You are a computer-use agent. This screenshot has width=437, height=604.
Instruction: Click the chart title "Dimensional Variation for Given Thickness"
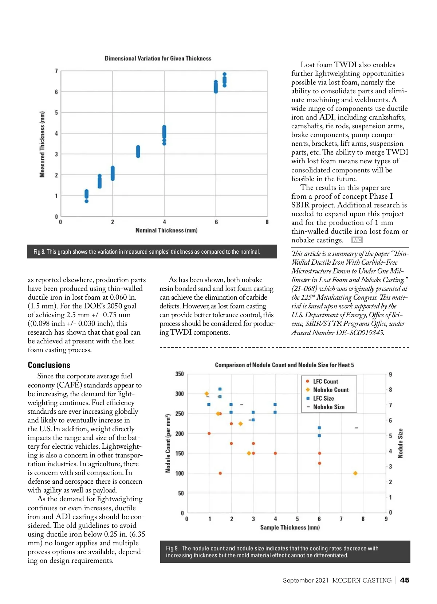[x=158, y=58]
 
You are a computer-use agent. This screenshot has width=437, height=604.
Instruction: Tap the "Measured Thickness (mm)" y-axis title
[x=42, y=144]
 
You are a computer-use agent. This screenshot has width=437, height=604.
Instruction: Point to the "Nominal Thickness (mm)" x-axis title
[x=166, y=230]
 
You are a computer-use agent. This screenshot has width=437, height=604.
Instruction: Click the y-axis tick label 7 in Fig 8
[x=56, y=71]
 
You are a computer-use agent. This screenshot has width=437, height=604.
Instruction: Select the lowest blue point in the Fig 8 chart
[x=86, y=201]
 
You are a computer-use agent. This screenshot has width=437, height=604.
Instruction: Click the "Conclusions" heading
[x=49, y=365]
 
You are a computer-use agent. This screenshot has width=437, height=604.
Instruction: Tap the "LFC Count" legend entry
[x=325, y=381]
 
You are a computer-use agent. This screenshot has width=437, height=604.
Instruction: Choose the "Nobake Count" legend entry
[x=331, y=390]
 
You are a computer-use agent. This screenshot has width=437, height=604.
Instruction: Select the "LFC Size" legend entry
[x=323, y=398]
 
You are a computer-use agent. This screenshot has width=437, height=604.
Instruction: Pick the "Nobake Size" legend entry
[x=328, y=407]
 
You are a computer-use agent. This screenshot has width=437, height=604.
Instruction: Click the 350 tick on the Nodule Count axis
[x=180, y=374]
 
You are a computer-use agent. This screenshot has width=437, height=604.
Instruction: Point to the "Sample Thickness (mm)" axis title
[x=290, y=527]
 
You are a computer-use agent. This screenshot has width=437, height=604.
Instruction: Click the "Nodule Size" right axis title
[x=401, y=443]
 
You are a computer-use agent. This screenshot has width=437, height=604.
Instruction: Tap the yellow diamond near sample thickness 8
[x=355, y=473]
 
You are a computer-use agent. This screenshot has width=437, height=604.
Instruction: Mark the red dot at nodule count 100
[x=220, y=473]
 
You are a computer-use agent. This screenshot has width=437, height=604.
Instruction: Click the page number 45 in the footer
[x=405, y=580]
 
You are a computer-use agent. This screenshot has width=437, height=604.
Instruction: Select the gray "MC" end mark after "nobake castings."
[x=357, y=240]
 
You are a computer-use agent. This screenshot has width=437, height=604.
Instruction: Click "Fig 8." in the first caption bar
[x=39, y=252]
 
